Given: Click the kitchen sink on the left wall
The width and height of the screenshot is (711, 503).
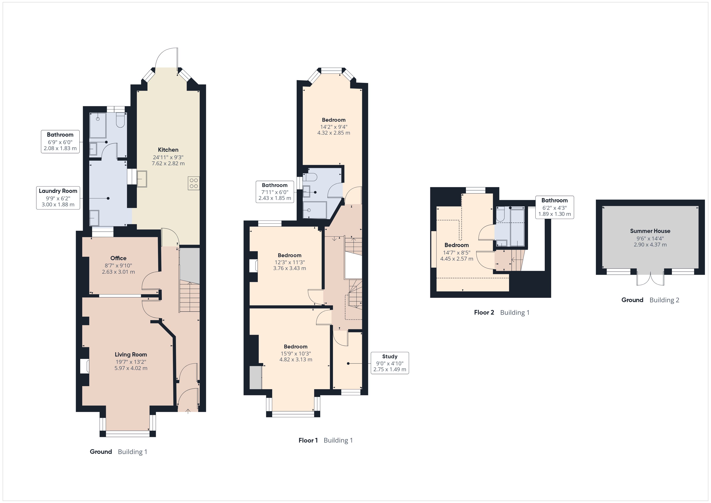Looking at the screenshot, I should click(142, 179).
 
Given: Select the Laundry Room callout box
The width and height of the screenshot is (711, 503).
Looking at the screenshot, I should click(58, 198).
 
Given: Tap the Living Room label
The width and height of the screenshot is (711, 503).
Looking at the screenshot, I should click(131, 355).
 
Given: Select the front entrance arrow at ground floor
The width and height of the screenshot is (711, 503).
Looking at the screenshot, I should click(188, 411).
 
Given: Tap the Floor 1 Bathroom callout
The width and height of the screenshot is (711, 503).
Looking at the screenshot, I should click(275, 192).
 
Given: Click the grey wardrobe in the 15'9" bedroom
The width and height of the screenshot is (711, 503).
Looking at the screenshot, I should click(256, 377).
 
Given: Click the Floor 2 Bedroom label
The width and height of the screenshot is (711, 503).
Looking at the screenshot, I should click(456, 245).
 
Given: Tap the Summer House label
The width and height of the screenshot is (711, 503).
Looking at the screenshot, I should click(650, 231).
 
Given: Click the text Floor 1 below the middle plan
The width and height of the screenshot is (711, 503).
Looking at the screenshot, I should click(308, 441).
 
